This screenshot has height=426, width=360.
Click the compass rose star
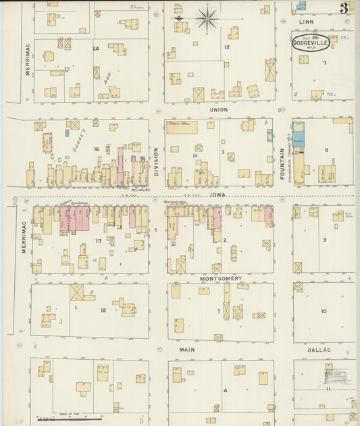(x=207, y=17)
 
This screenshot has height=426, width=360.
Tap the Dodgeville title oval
(x=310, y=43)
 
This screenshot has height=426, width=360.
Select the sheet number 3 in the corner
(x=344, y=8)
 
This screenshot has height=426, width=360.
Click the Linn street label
(x=307, y=22)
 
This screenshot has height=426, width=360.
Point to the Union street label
(x=219, y=109)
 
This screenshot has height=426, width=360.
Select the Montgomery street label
(x=220, y=277)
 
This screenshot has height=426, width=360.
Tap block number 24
(x=96, y=49)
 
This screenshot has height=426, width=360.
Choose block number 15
(x=228, y=47)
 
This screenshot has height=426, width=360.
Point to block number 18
(x=103, y=310)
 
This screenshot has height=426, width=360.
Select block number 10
(x=324, y=311)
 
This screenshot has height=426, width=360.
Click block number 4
(x=226, y=390)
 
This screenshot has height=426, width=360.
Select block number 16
(x=97, y=149)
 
